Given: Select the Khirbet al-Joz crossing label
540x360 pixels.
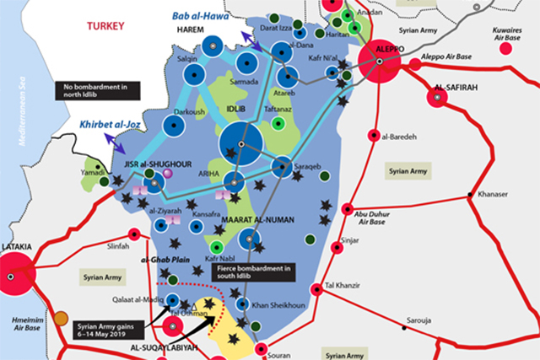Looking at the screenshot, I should pos(109,125).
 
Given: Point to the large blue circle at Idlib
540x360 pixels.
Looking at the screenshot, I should pos(241,144).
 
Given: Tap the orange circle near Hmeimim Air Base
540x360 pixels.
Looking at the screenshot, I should pos(61,319).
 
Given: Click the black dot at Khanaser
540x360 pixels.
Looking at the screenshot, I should pos(471,196).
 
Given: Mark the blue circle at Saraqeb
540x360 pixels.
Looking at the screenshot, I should pos(282,167).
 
